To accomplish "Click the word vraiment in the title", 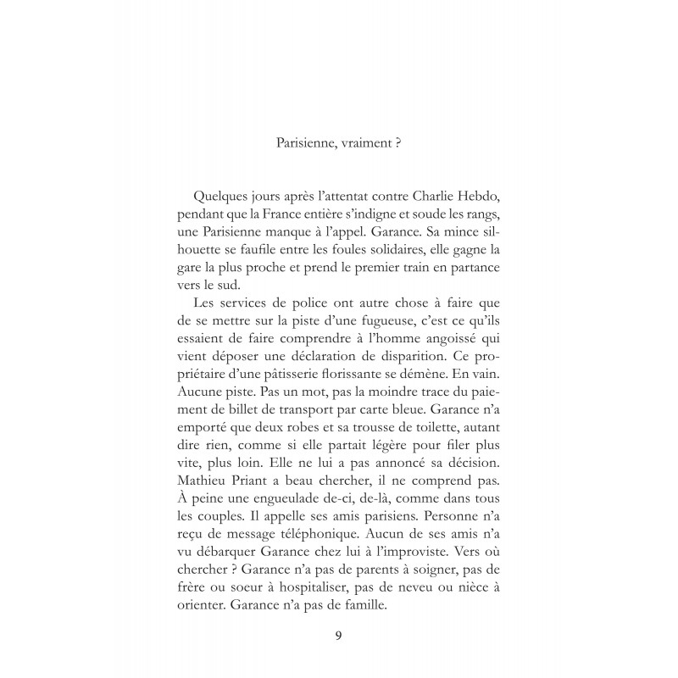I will (347, 143).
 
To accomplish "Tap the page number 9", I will (339, 635).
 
